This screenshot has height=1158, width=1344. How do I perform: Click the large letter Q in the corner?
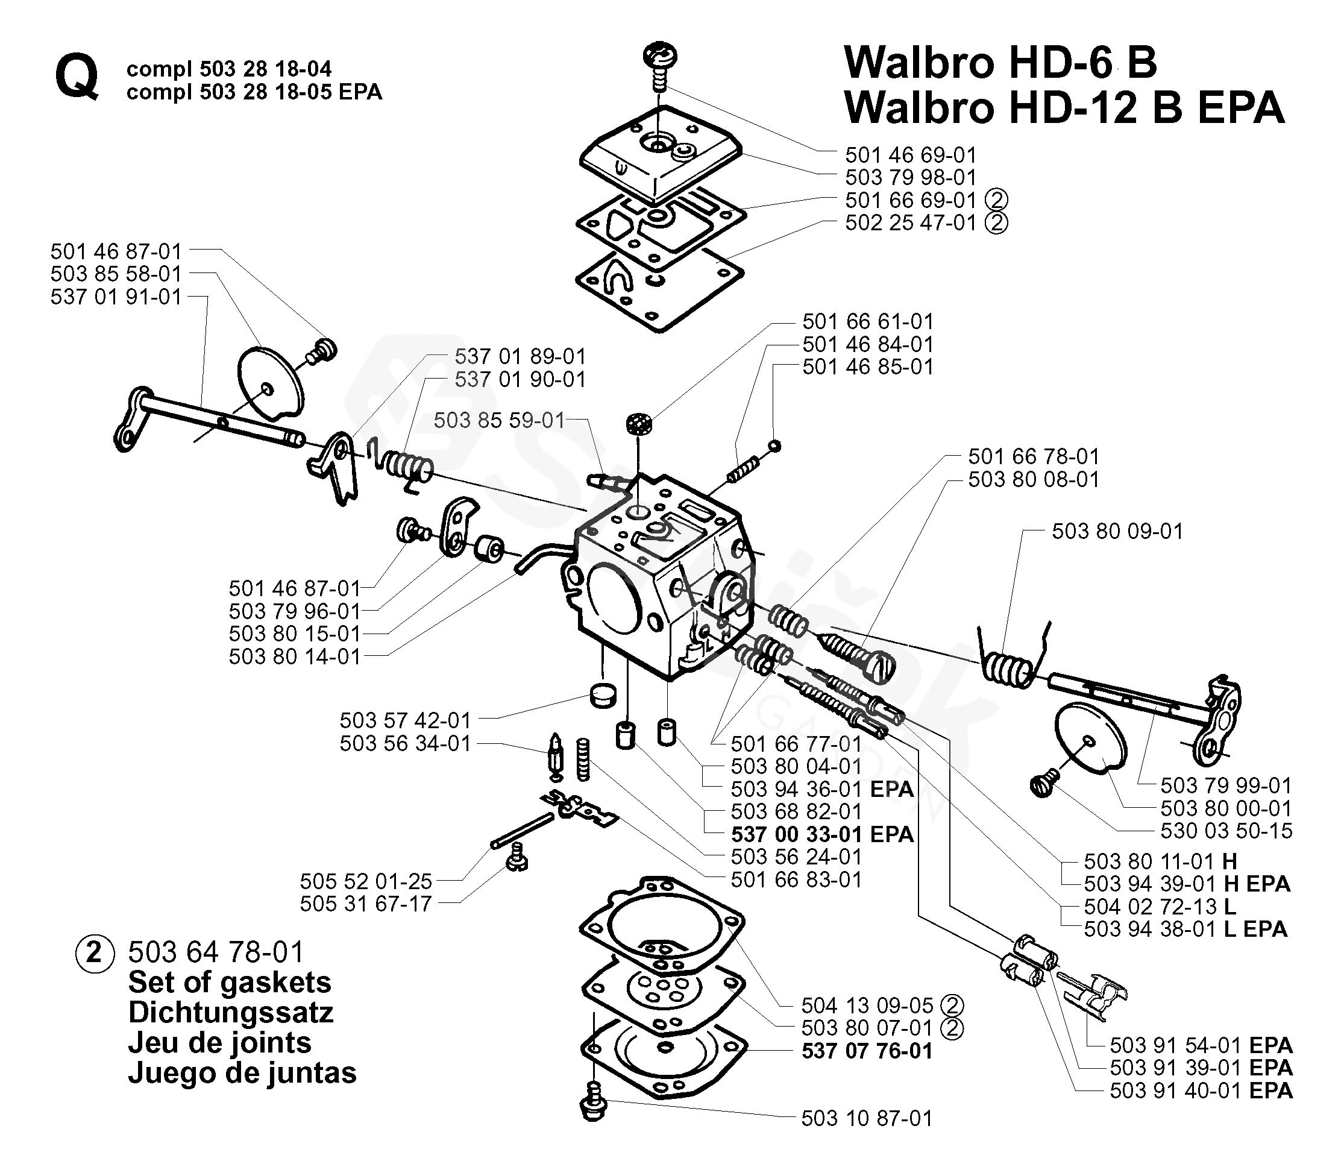click(x=77, y=77)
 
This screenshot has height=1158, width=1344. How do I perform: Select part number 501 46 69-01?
click(x=910, y=155)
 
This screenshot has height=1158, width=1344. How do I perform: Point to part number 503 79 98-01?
click(x=910, y=177)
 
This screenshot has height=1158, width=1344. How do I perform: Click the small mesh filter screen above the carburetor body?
click(x=639, y=425)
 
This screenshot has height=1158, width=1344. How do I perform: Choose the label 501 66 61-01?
click(x=867, y=322)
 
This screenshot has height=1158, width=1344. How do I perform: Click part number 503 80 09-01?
click(x=1117, y=531)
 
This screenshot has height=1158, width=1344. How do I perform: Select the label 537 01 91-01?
click(x=116, y=297)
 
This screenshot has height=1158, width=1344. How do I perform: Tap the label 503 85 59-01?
click(x=499, y=420)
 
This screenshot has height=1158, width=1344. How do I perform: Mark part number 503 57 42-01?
click(x=405, y=720)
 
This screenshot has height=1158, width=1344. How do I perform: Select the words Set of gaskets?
click(x=230, y=982)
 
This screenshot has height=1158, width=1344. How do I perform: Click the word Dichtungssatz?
click(x=231, y=1012)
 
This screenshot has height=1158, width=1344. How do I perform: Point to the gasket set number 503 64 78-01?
click(x=216, y=952)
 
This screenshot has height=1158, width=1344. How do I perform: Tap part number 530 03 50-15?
click(x=1226, y=831)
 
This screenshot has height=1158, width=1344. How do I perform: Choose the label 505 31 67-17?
click(x=365, y=904)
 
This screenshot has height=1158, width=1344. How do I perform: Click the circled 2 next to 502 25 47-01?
click(x=996, y=222)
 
